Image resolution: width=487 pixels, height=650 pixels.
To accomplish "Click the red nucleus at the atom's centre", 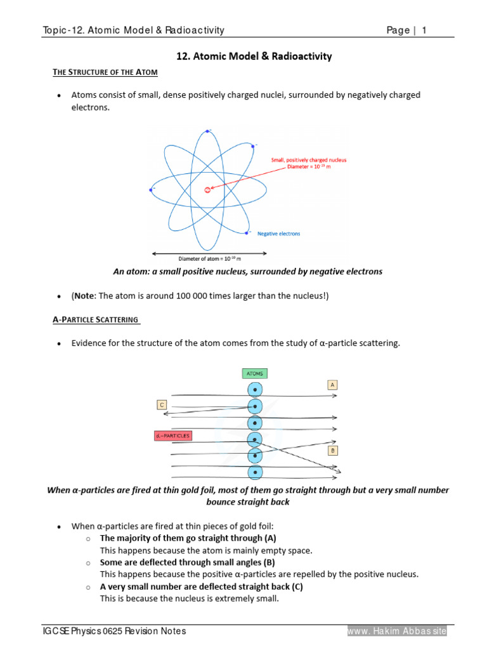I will click(207, 189).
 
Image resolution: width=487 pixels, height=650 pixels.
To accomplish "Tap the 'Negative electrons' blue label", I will click(278, 234).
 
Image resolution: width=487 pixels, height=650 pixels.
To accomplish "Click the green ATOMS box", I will click(254, 373).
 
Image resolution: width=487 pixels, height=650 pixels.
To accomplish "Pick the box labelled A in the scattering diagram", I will click(332, 385).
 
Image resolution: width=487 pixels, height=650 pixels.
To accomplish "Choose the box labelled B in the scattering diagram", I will click(332, 450).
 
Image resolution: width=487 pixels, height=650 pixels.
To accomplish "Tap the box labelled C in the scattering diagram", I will click(162, 404).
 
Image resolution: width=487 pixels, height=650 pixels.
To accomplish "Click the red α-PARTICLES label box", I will click(172, 436).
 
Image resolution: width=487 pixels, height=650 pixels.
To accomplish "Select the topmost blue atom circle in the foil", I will click(254, 389).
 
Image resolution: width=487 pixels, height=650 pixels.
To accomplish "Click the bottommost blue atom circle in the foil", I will click(254, 472).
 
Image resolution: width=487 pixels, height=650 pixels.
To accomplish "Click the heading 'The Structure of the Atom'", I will click(105, 72).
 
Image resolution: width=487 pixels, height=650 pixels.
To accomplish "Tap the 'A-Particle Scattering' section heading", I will click(96, 319).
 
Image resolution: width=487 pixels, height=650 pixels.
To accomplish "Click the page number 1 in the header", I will click(424, 30).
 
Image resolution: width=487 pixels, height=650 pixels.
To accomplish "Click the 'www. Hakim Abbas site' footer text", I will click(397, 631).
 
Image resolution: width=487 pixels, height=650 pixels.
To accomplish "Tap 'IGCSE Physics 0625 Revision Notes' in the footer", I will click(114, 631).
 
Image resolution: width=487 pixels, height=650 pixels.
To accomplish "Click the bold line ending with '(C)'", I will click(202, 587).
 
